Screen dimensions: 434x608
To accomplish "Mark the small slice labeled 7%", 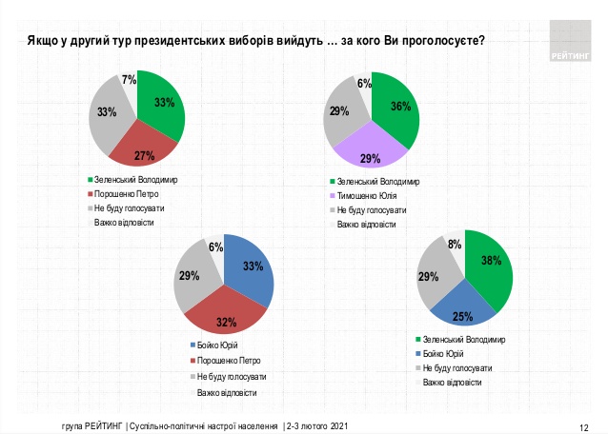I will pyautogui.click(x=129, y=83).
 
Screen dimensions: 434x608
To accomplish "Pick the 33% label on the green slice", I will pyautogui.click(x=162, y=102).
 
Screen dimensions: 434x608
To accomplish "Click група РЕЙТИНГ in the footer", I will pyautogui.click(x=85, y=425).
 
